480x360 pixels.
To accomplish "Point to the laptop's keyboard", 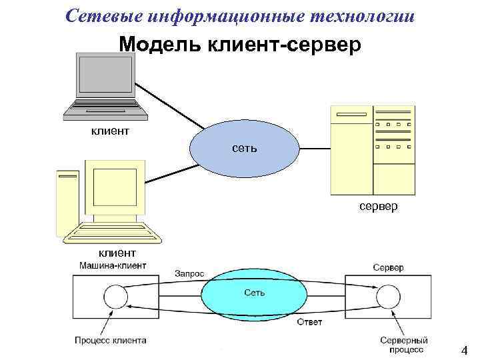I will [105, 109].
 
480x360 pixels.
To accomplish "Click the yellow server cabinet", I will [372, 149].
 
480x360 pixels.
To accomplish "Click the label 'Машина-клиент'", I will [113, 265].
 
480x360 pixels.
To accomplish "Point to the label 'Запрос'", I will [189, 273].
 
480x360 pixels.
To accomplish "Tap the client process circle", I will [116, 297].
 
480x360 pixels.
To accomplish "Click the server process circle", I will [386, 296].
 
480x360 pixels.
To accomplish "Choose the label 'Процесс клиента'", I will [111, 340].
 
